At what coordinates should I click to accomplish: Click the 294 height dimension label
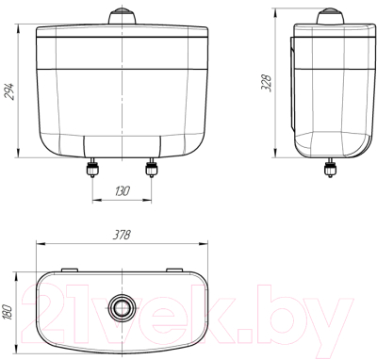click(x=9, y=91)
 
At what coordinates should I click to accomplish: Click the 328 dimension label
click(x=267, y=83)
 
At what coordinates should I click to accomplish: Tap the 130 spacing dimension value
click(x=122, y=191)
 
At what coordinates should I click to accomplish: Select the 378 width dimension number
click(x=122, y=235)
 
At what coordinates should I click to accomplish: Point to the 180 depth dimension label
click(x=8, y=312)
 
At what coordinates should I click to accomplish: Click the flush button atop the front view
click(x=122, y=16)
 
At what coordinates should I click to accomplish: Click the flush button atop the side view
click(x=330, y=16)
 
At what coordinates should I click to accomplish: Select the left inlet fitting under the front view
click(x=92, y=168)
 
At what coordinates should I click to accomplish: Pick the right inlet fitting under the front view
click(x=151, y=168)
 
